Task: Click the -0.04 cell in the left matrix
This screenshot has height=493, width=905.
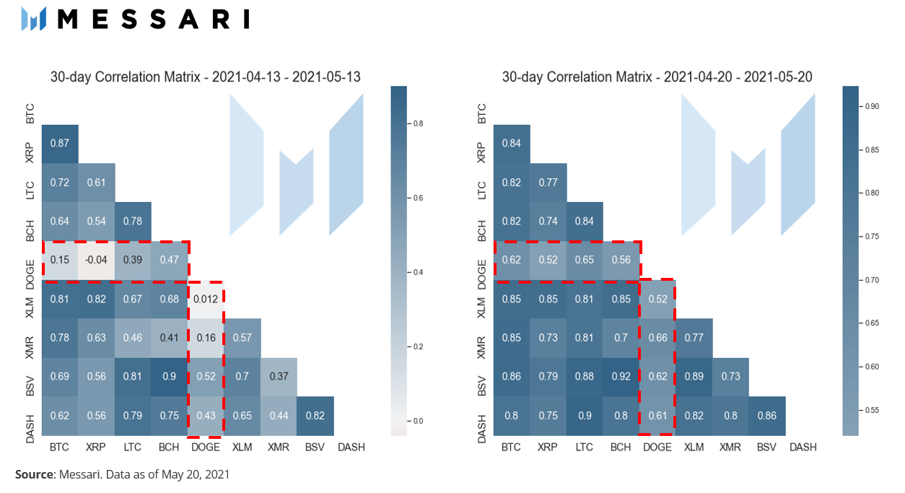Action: (96, 260)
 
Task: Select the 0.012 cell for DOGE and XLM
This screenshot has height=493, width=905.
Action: (206, 299)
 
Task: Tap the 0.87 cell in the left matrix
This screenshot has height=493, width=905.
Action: (60, 144)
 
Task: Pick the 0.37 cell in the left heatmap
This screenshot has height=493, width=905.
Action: (279, 377)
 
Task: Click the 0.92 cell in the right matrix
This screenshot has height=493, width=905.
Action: (621, 377)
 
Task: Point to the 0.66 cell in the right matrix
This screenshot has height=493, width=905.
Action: (657, 338)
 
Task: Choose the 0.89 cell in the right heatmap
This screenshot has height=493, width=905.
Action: (694, 377)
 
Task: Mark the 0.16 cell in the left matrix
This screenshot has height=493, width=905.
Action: (206, 338)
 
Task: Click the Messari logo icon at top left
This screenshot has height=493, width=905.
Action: (33, 19)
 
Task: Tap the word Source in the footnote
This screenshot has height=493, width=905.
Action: (35, 474)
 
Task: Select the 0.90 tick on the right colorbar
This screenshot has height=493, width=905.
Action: (872, 106)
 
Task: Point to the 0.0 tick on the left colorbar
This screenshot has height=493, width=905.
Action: (418, 421)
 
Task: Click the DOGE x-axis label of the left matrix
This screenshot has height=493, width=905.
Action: (206, 448)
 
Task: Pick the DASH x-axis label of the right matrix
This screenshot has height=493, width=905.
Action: (803, 448)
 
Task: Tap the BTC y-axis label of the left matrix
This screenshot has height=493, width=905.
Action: (30, 113)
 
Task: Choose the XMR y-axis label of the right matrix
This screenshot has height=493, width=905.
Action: (481, 347)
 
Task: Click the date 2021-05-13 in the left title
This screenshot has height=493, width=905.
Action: (326, 77)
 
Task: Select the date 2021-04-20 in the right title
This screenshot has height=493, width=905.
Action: (698, 77)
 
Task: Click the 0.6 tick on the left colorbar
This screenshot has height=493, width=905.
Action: (418, 198)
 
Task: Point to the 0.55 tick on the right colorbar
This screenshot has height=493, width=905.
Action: (872, 410)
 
